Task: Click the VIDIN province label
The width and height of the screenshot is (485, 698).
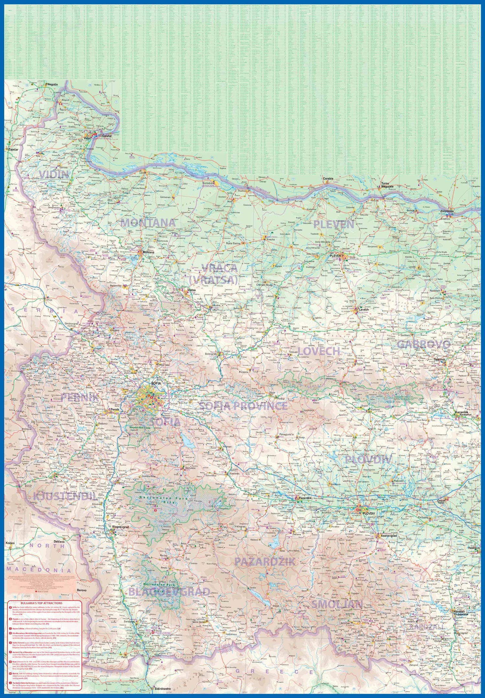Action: [54, 174]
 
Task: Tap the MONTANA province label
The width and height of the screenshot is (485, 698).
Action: [148, 223]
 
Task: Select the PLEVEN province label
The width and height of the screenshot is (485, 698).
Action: [334, 224]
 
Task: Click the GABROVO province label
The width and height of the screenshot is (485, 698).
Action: [423, 344]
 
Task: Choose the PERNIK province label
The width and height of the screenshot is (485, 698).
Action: [80, 397]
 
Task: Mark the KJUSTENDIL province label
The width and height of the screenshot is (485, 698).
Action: [65, 497]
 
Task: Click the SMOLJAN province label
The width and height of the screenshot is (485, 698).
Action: [337, 604]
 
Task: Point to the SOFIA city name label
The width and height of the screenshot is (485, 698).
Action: [156, 383]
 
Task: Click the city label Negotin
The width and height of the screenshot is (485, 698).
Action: [52, 85]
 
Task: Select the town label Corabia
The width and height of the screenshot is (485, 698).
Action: [328, 178]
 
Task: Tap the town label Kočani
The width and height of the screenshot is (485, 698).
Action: [10, 543]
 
